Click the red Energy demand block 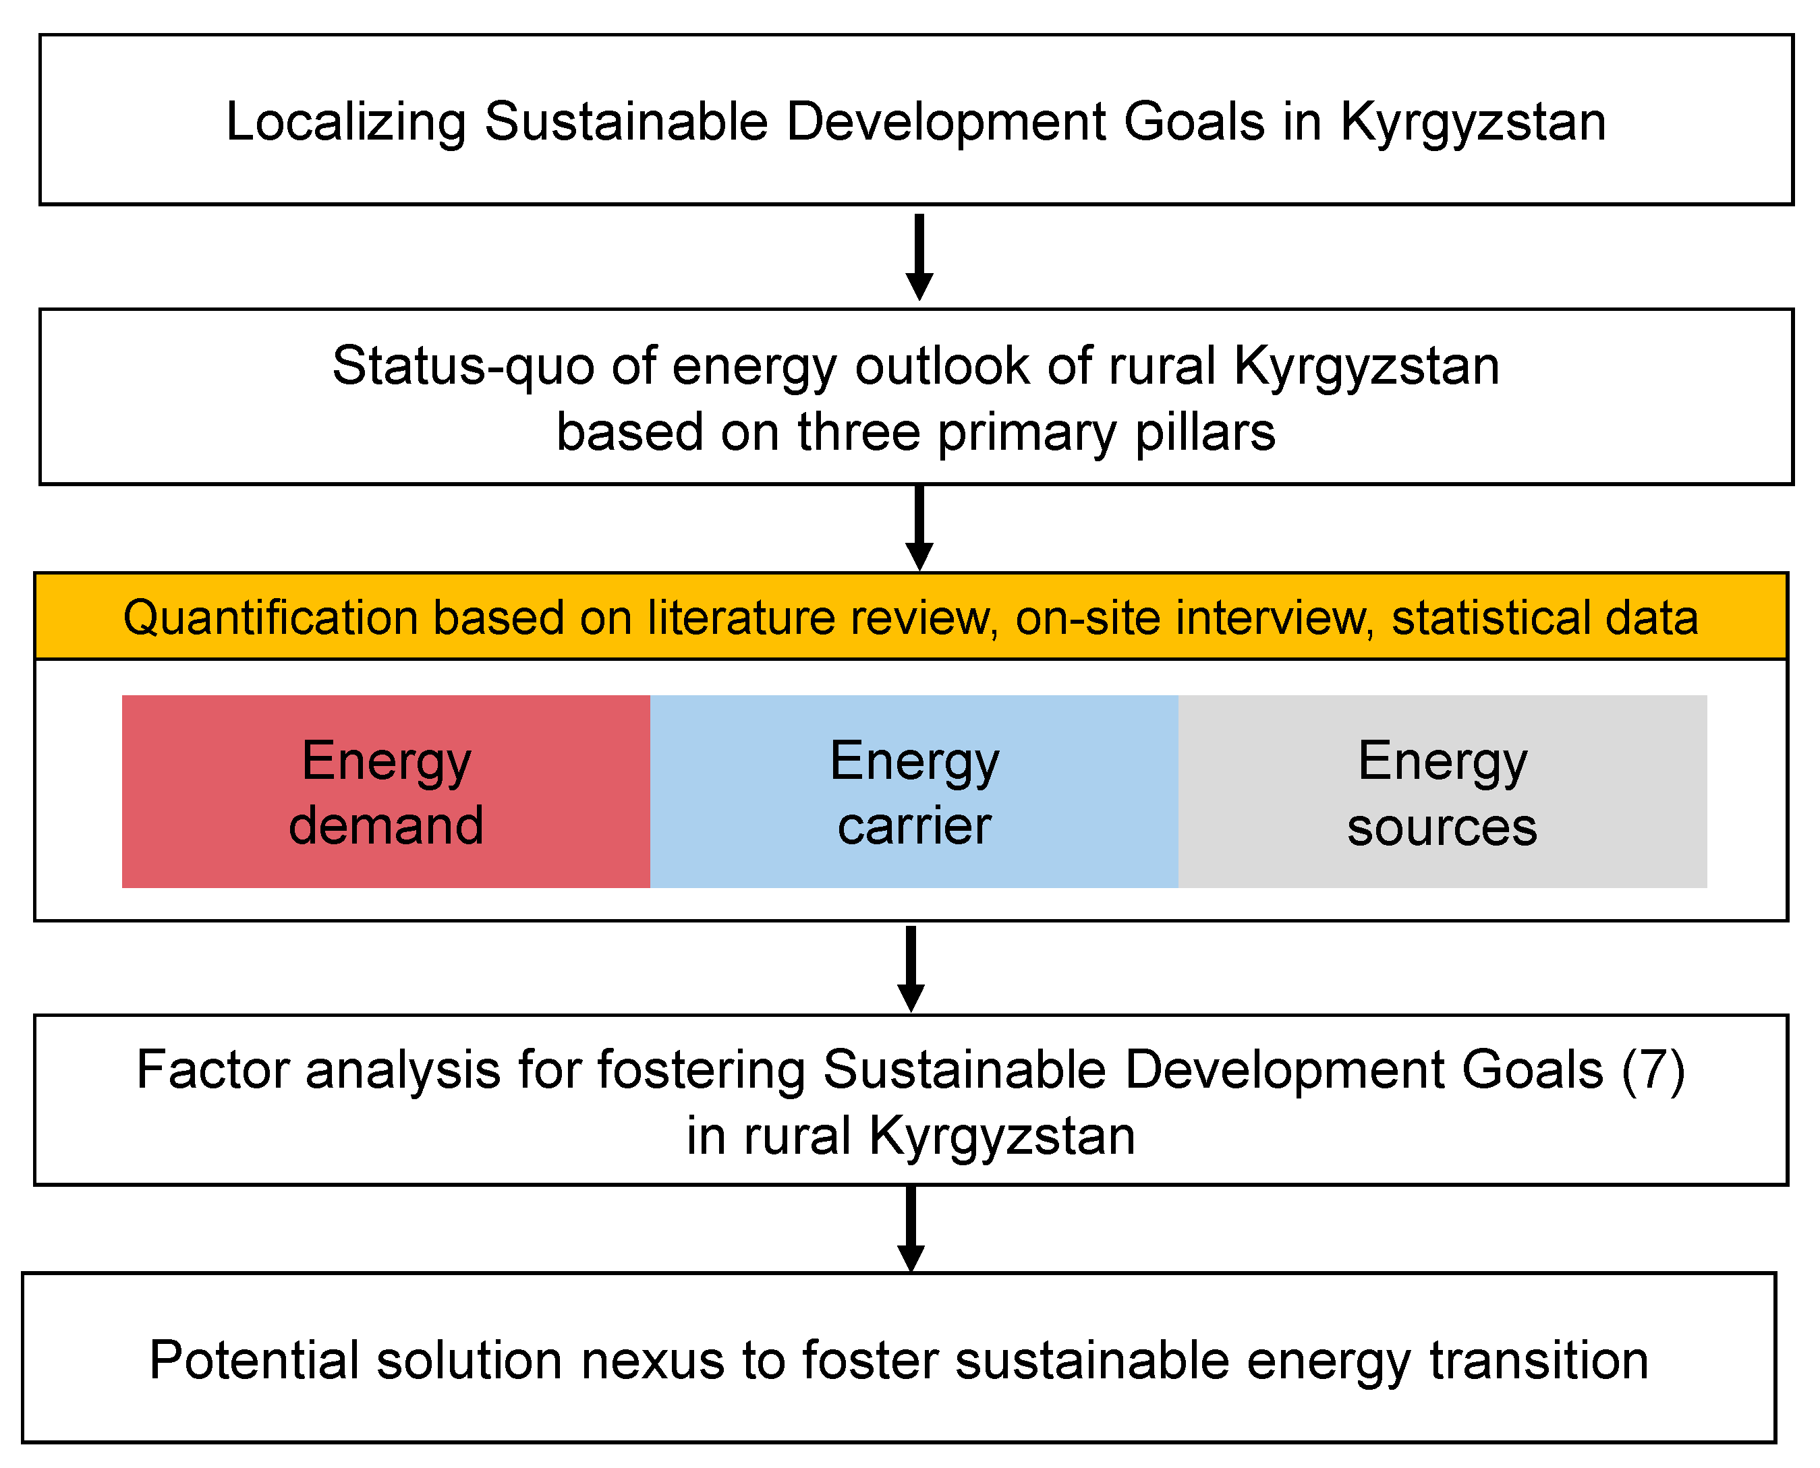[x=386, y=791]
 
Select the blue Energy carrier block [x=914, y=791]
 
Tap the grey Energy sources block [x=1443, y=791]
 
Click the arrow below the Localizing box [x=919, y=257]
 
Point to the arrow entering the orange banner [x=919, y=528]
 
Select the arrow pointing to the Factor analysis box [x=911, y=969]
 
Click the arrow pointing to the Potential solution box [x=911, y=1229]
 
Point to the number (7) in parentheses [x=1653, y=1069]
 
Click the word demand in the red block [x=387, y=825]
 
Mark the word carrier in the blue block [x=914, y=826]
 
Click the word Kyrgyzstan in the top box [x=1473, y=123]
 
